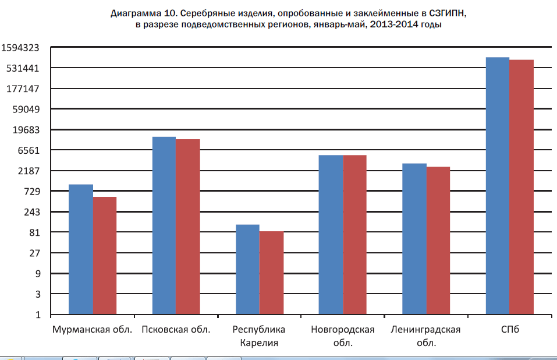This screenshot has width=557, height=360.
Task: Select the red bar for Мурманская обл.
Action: pos(105,256)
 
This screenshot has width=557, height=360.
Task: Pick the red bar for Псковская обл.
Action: pos(188,227)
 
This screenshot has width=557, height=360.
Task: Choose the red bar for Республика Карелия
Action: pos(271,273)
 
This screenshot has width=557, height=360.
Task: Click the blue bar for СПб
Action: pos(498,186)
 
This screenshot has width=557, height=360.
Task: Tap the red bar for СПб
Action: pos(521,187)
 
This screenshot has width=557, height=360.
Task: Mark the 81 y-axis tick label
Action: pos(35,232)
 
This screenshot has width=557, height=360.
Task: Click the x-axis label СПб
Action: pos(509,330)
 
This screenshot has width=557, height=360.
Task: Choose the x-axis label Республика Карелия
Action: pos(260,336)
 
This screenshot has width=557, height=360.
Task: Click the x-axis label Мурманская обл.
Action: pos(93,330)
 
